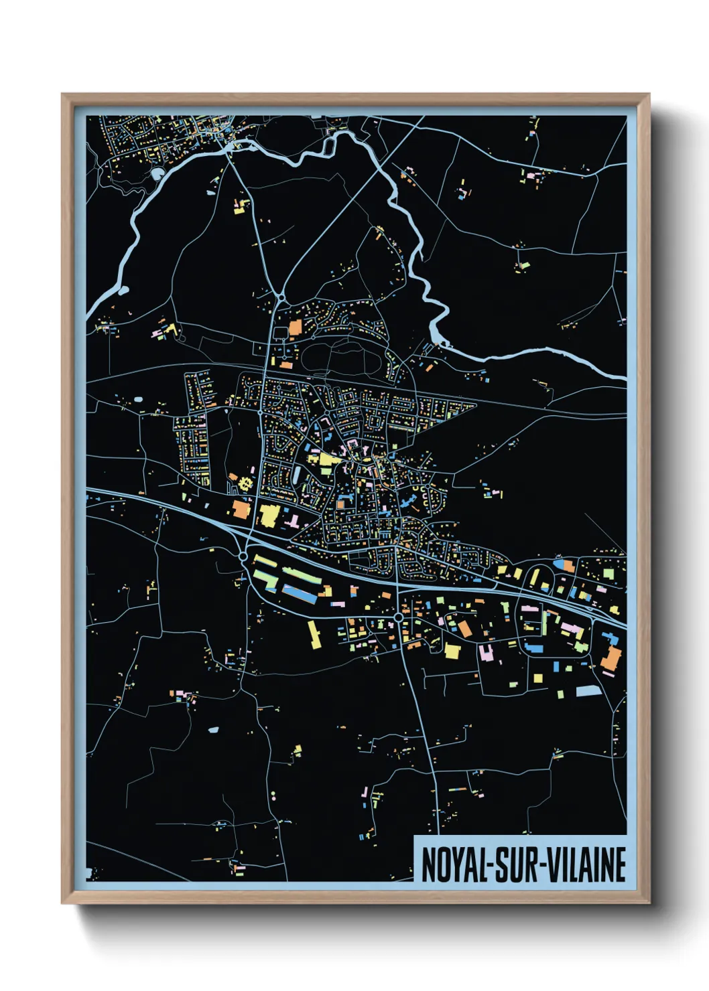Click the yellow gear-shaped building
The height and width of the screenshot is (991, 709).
click(245, 483)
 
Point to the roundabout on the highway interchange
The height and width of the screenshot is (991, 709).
click(243, 555)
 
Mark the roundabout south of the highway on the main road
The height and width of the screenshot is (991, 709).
click(399, 617)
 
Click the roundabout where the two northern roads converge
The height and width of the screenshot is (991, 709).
click(281, 297)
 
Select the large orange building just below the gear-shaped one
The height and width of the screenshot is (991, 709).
click(241, 509)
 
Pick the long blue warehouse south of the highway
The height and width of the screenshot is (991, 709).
click(299, 593)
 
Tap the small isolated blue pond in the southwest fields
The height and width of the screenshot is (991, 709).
click(213, 729)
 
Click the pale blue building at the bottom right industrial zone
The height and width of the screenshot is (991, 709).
click(588, 690)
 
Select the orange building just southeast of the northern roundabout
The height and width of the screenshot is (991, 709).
click(294, 327)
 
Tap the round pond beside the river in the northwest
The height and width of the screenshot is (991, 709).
click(157, 174)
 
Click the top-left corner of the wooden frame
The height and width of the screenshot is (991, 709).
click(63, 95)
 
